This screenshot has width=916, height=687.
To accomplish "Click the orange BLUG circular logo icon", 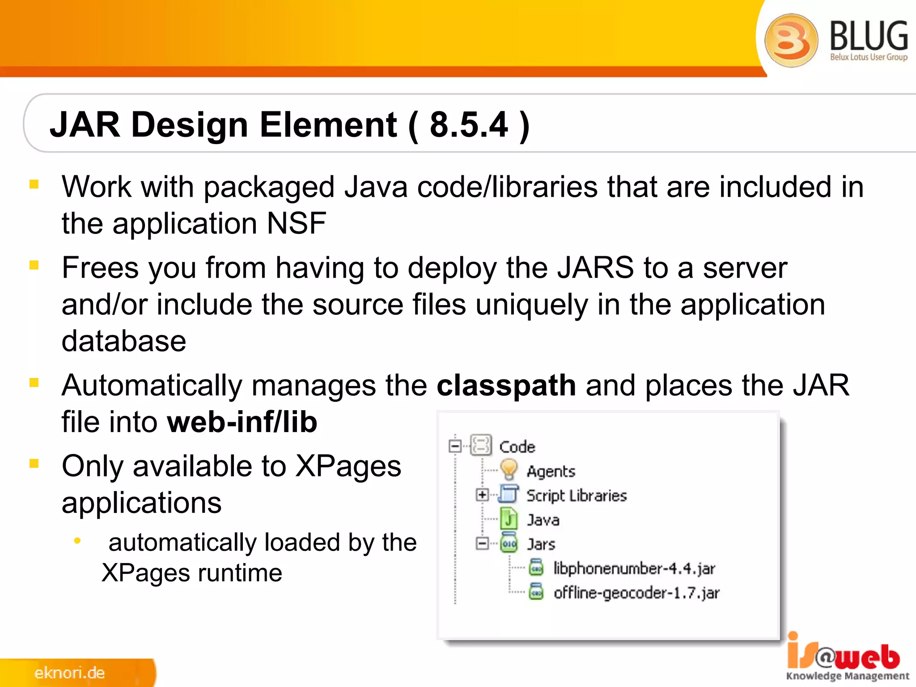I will coord(791,40).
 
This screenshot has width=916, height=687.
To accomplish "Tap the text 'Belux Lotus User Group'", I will coord(869,57).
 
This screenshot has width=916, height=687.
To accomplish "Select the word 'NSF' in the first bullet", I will coord(296,223).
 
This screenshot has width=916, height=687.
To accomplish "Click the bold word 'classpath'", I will coord(506,385).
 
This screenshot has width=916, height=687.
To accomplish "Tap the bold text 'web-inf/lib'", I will coord(242,422).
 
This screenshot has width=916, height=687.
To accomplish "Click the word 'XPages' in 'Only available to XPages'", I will coord(348,466).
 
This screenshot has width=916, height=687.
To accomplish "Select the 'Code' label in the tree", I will coord(517,447).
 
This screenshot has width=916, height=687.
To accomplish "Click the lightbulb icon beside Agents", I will coord(509,470).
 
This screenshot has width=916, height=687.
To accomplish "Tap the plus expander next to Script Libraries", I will coord(482,495).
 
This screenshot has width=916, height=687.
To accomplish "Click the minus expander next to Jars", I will coord(482,543).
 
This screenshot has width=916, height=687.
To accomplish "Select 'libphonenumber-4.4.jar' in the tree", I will coord(634,568).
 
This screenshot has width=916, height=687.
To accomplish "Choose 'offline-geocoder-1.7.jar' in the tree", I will coord(636,593).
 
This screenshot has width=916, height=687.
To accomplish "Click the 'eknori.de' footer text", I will coord(69,673).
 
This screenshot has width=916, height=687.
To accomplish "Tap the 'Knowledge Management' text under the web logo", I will coord(847,676).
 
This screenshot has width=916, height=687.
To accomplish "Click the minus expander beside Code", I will coord(455,446).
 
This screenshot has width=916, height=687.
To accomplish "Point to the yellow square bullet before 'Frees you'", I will coord(34,265).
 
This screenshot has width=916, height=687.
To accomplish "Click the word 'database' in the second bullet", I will coord(124,341).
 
